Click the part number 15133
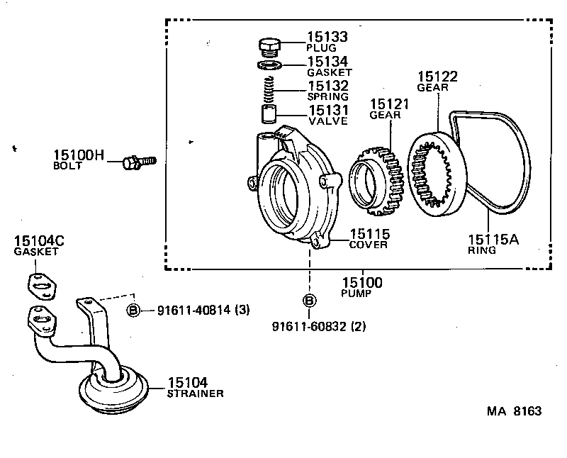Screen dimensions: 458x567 [327, 37]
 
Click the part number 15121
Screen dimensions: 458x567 [389, 104]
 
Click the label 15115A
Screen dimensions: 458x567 [493, 240]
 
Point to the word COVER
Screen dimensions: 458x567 [368, 245]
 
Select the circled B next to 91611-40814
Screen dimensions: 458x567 [133, 310]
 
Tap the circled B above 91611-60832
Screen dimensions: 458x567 [310, 301]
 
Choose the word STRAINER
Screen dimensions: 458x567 [195, 393]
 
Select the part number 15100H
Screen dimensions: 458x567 [79, 155]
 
